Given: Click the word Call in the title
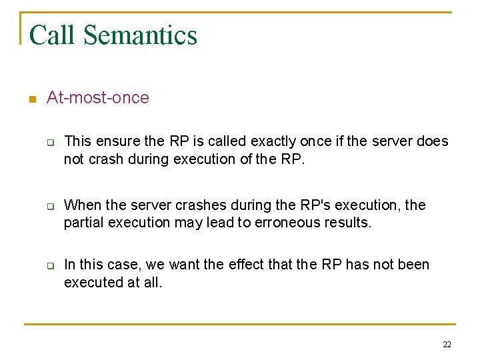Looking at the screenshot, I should (x=51, y=35).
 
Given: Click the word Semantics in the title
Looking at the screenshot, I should (x=140, y=35).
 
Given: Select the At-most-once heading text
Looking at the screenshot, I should (x=98, y=98).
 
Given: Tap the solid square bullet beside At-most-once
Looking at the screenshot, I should (x=31, y=99).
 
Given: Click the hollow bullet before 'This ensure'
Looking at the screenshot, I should (x=49, y=142).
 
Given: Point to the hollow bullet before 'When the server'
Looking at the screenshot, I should (x=49, y=206).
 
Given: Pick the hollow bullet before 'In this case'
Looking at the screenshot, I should (x=49, y=265).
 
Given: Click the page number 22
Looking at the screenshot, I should (x=447, y=344).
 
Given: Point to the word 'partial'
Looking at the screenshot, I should (x=83, y=223).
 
